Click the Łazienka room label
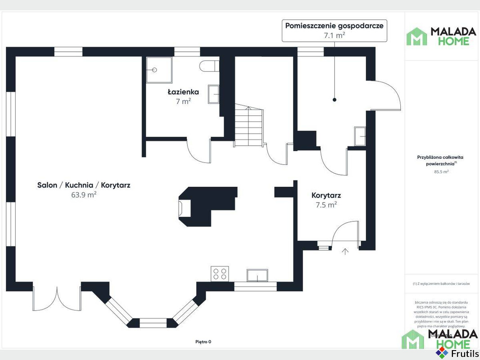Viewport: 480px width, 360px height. click(x=183, y=92)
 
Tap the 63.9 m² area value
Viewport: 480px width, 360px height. click(x=84, y=195)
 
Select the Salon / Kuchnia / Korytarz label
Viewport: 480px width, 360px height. click(x=84, y=185)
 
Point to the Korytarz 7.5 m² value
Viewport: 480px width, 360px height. click(x=326, y=205)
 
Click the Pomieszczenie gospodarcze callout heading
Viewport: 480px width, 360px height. click(x=334, y=26)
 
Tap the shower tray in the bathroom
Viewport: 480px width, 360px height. click(x=158, y=70)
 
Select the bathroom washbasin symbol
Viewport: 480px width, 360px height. click(x=214, y=94)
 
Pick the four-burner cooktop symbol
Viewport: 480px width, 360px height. click(x=220, y=273)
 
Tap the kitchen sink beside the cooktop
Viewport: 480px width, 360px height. click(x=257, y=275)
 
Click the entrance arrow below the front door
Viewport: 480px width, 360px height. click(x=345, y=251)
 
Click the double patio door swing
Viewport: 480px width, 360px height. click(x=57, y=298)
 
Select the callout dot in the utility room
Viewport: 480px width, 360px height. click(x=335, y=99)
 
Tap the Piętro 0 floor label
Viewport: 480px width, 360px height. click(x=203, y=342)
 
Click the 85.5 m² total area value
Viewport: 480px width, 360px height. click(x=441, y=172)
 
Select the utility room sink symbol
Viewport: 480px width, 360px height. click(x=360, y=136)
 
